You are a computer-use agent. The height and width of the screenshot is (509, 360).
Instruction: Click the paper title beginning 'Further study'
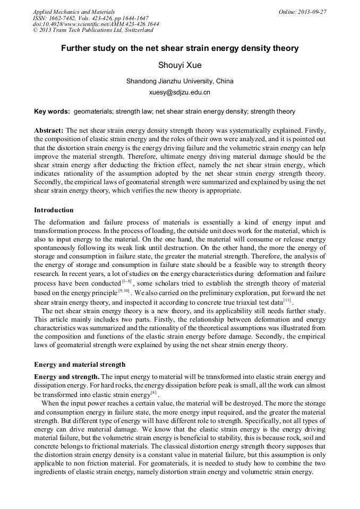click(x=179, y=48)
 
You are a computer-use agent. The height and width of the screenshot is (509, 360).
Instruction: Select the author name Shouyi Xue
click(x=179, y=65)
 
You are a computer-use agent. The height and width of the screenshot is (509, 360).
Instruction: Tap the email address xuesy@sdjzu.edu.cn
click(x=179, y=92)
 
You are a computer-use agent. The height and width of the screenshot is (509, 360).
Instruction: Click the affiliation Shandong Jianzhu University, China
click(x=179, y=81)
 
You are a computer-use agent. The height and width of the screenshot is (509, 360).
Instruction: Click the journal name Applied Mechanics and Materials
click(x=74, y=11)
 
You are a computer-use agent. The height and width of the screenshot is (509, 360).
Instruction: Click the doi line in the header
click(x=96, y=24)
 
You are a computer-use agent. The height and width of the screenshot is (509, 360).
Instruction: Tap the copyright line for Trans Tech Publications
click(x=93, y=30)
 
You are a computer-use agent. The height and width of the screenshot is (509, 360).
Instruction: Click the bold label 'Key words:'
click(x=52, y=111)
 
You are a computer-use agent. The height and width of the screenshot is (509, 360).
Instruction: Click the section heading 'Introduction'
click(x=54, y=210)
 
